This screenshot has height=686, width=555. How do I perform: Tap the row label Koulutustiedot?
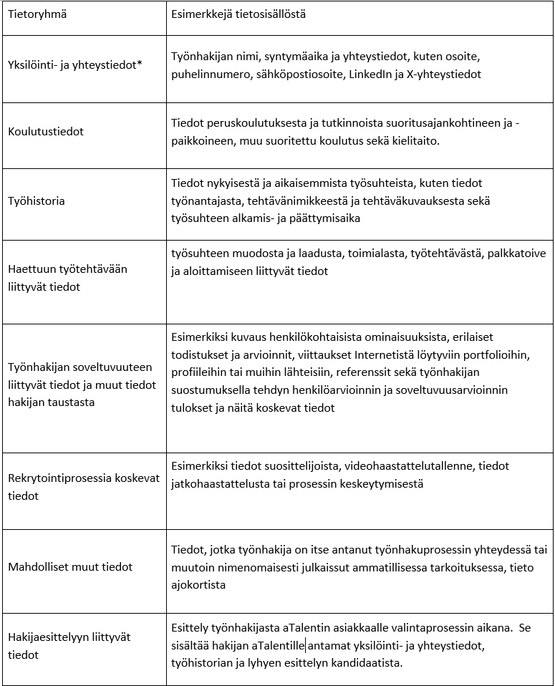46,132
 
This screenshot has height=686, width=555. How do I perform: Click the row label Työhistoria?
37,201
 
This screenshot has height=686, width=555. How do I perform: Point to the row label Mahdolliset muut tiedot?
70,566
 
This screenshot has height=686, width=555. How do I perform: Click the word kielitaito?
415,140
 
